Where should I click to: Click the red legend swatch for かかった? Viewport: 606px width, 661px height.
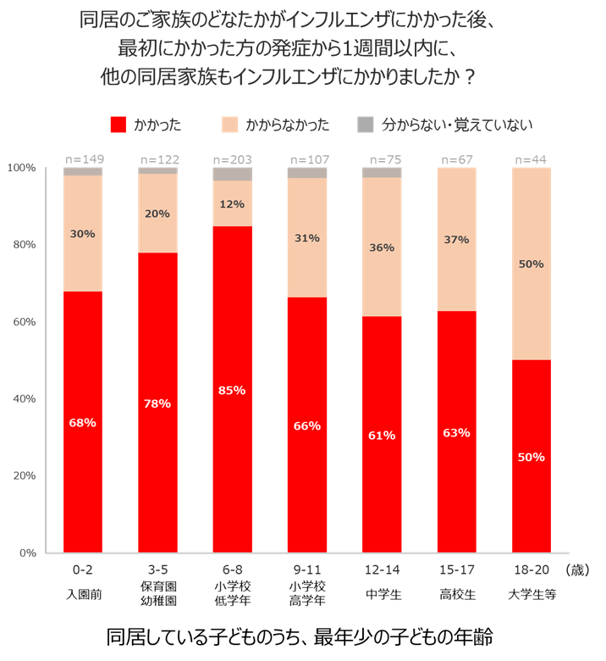tap(118, 125)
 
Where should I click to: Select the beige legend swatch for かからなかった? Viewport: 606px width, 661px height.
tap(229, 125)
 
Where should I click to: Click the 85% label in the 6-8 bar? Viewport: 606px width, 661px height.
tap(231, 391)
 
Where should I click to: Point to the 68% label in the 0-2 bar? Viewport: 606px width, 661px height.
tap(82, 423)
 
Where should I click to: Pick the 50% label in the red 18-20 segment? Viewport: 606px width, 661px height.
tap(531, 458)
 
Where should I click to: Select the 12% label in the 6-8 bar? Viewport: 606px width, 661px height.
tap(231, 204)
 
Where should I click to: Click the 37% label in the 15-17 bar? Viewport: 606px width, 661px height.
tap(456, 240)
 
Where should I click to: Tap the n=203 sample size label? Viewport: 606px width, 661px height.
tap(232, 159)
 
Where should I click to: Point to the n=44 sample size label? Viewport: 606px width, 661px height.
tap(532, 159)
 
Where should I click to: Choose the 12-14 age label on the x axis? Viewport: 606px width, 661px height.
tap(382, 569)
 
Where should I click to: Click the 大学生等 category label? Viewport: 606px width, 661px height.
tap(531, 593)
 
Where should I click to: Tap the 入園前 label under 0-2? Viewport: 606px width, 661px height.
tap(83, 593)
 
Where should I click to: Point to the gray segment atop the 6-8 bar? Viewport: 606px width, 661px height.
tap(232, 175)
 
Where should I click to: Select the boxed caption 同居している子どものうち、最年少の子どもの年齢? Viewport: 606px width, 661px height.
tap(302, 636)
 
